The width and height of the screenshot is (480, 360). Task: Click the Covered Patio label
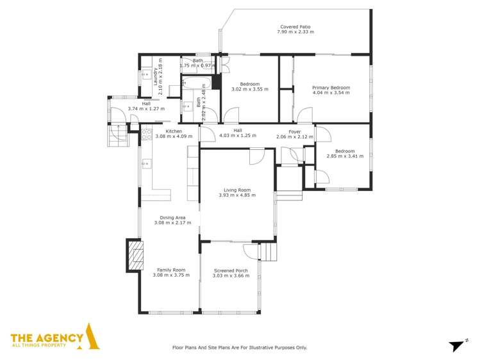[x=295, y=27]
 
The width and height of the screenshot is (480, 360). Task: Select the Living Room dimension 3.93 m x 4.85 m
[x=236, y=195]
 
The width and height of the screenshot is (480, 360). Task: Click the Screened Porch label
[x=230, y=271]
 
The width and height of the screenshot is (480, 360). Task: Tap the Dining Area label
[x=172, y=218]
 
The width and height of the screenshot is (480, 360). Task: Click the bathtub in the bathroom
[x=194, y=82]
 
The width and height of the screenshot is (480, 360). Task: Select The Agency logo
[x=54, y=338]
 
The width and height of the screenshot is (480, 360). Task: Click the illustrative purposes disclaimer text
[x=240, y=347]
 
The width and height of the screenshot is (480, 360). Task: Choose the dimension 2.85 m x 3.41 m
[x=340, y=156]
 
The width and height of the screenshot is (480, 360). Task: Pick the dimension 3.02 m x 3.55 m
[x=249, y=89]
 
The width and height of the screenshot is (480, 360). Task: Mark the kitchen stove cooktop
[x=146, y=134]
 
